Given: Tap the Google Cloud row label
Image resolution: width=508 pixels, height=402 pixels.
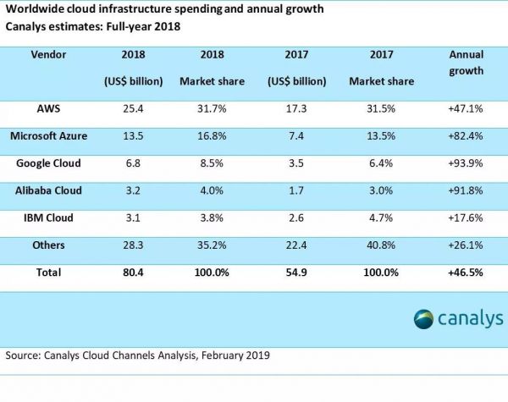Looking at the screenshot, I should click(51, 162).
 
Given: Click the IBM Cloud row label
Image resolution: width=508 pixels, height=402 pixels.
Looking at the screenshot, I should click(51, 218).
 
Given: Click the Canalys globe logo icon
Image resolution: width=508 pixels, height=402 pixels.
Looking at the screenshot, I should click(423, 318).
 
